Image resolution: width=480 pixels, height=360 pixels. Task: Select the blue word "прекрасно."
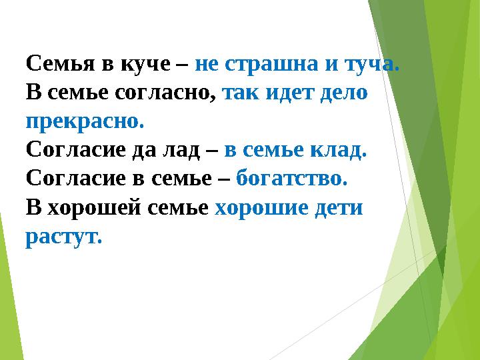click(85, 122)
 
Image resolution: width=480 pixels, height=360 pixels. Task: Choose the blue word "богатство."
click(292, 179)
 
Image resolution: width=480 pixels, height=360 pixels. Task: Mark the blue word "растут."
click(64, 237)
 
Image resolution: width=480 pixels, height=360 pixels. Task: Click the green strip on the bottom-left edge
click(8, 300)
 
